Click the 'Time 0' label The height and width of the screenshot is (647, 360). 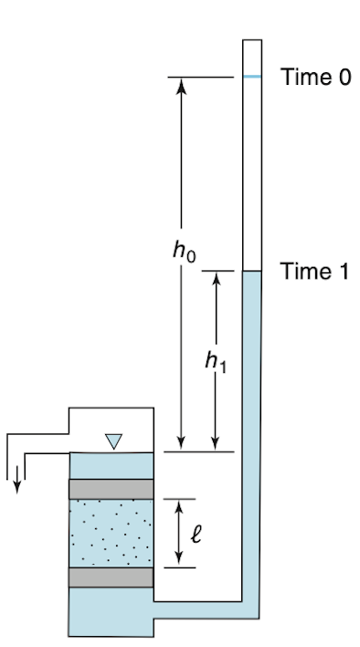[315, 77]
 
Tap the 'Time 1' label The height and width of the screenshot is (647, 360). [314, 271]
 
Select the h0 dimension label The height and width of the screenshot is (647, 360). [185, 250]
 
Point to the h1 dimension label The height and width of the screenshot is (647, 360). [216, 362]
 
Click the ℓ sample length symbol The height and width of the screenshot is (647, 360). [196, 534]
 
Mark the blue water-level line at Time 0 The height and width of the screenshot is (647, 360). [252, 77]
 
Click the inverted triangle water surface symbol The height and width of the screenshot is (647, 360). [113, 441]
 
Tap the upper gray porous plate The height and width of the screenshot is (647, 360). [111, 489]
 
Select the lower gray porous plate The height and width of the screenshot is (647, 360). [111, 578]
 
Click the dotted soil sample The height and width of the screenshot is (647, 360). [111, 533]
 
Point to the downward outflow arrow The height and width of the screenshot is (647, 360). [17, 480]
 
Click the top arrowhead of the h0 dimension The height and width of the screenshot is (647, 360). [182, 85]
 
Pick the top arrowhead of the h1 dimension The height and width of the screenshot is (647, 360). [217, 279]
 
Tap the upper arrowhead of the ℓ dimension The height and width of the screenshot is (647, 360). [178, 506]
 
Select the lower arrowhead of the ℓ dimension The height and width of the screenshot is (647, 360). [178, 560]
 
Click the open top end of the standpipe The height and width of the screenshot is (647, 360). [252, 40]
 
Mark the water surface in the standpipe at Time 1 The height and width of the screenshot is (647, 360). [252, 271]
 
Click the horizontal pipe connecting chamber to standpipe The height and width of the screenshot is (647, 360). [198, 610]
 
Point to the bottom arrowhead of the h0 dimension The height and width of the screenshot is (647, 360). [182, 443]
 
